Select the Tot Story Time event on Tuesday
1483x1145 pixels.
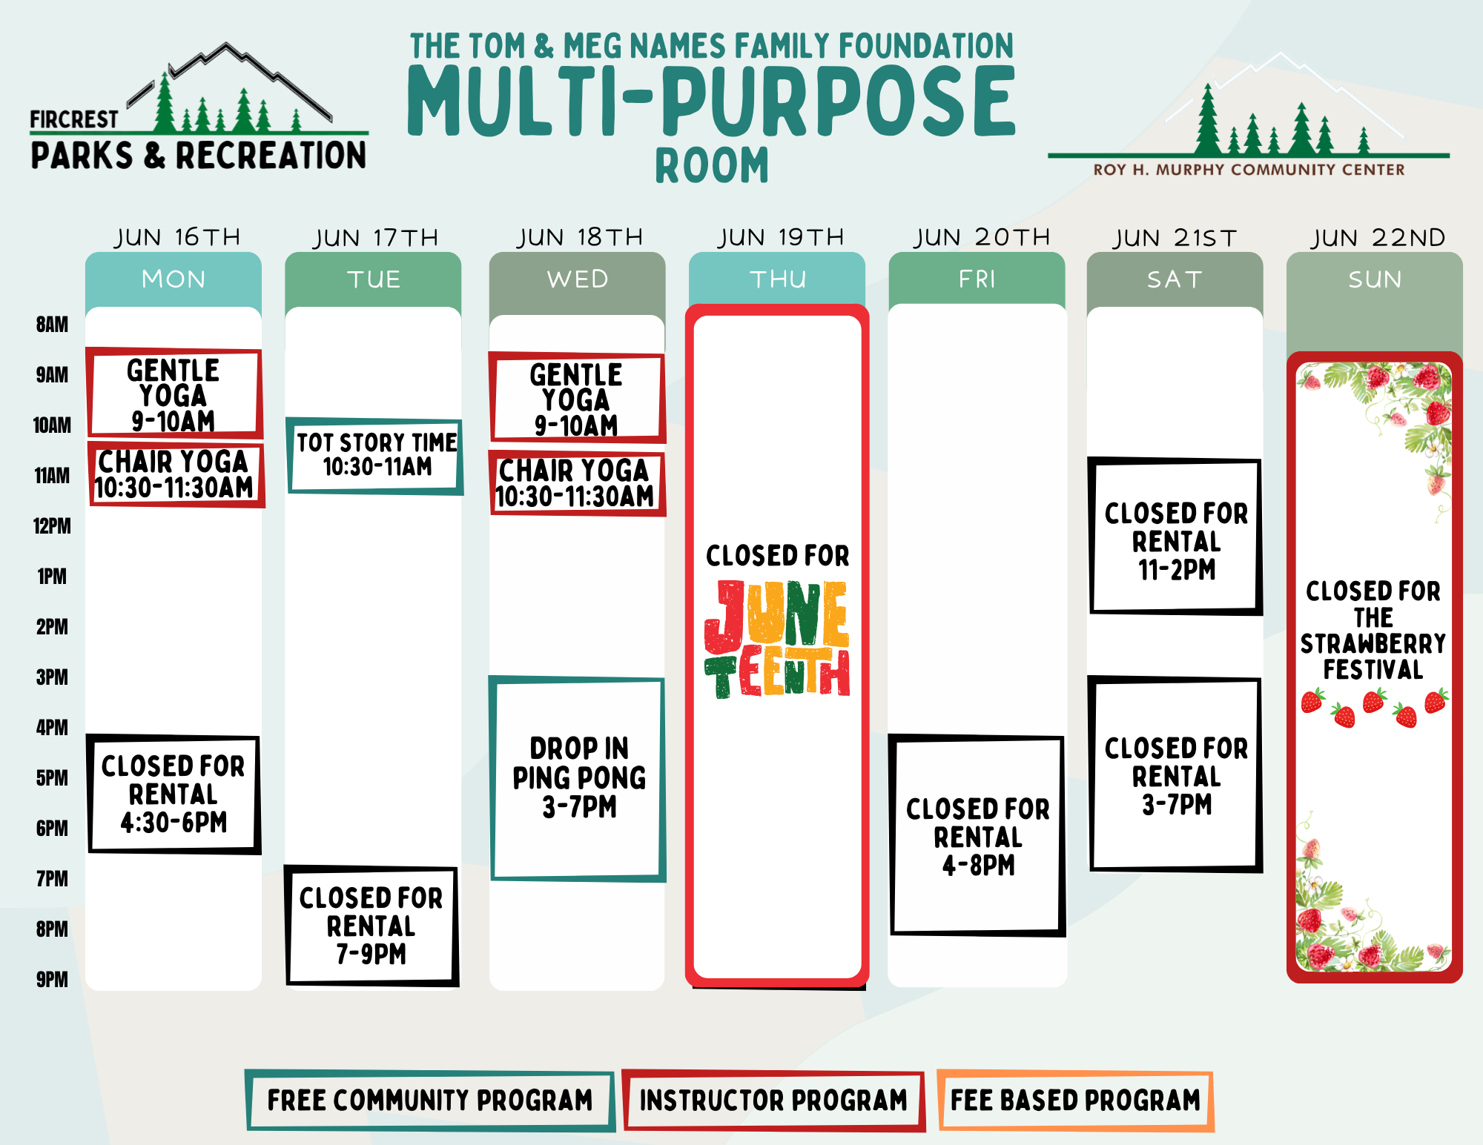click(375, 456)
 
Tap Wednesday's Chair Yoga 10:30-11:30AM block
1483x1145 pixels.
click(577, 483)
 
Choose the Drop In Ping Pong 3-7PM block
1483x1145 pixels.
click(578, 778)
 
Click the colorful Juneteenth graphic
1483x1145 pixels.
click(777, 639)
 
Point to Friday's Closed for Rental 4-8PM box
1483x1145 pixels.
click(977, 835)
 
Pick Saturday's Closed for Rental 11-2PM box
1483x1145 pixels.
click(1176, 536)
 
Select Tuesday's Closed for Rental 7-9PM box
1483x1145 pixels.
click(372, 926)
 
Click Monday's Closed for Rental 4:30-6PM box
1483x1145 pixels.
click(174, 794)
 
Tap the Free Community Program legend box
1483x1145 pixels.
click(430, 1101)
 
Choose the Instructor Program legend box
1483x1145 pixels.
click(774, 1101)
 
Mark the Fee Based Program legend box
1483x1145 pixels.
click(1075, 1101)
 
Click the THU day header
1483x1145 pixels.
click(778, 279)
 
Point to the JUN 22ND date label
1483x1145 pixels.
click(1378, 238)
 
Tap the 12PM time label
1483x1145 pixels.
click(52, 526)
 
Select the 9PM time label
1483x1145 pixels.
click(52, 980)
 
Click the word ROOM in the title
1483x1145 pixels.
click(712, 165)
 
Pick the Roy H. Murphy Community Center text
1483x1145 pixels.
click(1249, 170)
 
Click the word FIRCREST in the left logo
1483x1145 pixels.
click(73, 119)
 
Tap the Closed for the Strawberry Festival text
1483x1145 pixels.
click(1373, 630)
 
